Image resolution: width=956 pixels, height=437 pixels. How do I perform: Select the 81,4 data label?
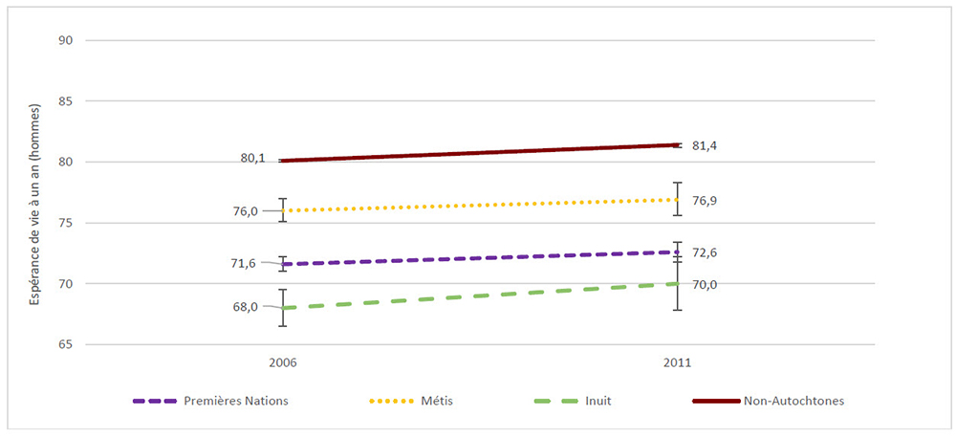(704, 145)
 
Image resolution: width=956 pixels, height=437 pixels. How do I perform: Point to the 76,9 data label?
(704, 201)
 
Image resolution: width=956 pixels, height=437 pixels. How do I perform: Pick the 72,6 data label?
(704, 252)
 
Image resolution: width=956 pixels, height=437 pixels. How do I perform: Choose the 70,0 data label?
(704, 284)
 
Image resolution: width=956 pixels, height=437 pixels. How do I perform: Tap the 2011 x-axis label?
(677, 363)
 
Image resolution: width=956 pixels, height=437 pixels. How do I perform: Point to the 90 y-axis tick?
(66, 40)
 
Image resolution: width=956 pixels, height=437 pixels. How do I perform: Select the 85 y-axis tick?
(66, 101)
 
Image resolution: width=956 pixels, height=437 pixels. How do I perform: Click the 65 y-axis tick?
(66, 344)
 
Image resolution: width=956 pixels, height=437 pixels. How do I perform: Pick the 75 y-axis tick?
(66, 223)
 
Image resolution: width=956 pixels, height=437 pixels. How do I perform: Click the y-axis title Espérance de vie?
(33, 192)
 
